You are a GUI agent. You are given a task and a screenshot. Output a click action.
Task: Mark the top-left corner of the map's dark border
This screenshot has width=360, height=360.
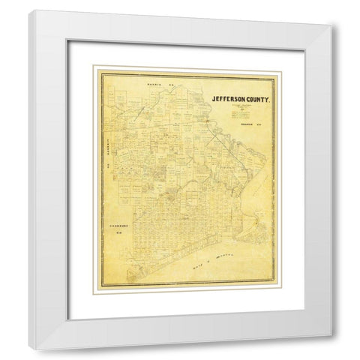[x=94, y=67]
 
